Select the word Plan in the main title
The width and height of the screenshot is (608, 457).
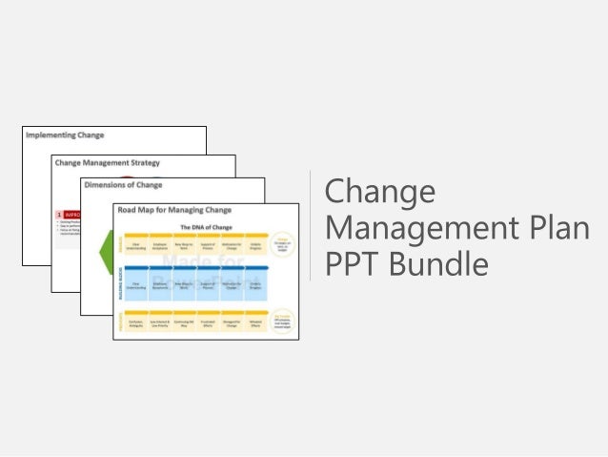557,230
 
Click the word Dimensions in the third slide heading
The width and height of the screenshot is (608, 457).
107,185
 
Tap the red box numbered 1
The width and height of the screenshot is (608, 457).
59,216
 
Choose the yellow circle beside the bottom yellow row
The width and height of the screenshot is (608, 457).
282,317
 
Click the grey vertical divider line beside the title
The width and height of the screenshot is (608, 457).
311,226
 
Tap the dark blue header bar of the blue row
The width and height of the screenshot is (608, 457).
194,268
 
